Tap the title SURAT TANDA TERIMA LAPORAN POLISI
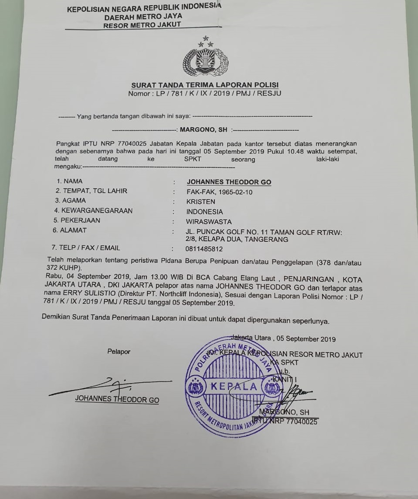pos(205,85)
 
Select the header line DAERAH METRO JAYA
pos(143,17)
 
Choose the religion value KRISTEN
pos(201,202)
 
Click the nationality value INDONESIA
pos(204,212)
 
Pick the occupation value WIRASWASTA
pos(209,221)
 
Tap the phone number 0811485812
pos(204,249)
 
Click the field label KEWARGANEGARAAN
pos(96,210)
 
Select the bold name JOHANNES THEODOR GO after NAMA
pos(229,182)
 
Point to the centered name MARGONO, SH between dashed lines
pos(204,130)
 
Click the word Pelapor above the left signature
pos(119,352)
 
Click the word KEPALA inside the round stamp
pos(234,387)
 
